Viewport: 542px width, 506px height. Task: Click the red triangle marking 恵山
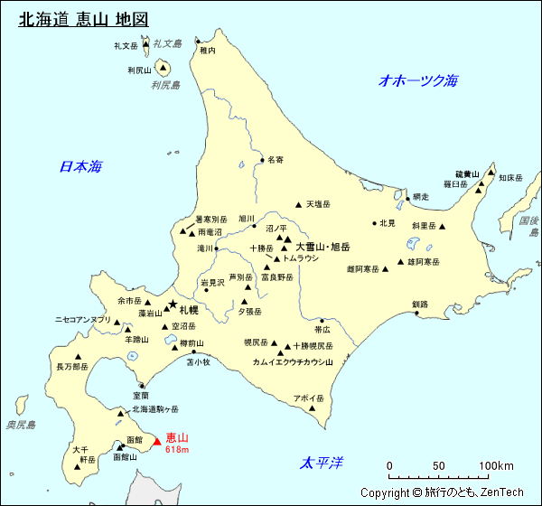tap(156, 442)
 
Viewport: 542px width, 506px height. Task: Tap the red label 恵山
tap(177, 437)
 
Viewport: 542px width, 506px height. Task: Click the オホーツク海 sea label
tap(418, 80)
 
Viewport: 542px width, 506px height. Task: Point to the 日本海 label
tap(80, 166)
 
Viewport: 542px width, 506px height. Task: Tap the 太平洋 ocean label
tap(322, 464)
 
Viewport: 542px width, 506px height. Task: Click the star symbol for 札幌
tap(173, 305)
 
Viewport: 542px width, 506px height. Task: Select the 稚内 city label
tap(208, 52)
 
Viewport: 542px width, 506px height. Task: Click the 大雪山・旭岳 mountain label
tap(322, 246)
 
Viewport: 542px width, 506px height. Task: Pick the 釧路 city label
tap(419, 305)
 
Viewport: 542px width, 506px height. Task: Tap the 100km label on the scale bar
tap(496, 466)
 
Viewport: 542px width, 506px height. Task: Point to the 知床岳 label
tap(510, 178)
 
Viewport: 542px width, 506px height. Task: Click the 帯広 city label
tap(322, 330)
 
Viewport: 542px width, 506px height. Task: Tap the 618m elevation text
tap(177, 449)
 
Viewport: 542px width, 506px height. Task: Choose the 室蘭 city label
tap(140, 395)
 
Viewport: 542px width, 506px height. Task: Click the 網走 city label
tap(420, 196)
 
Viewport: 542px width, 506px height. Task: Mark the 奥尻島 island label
tap(20, 425)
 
